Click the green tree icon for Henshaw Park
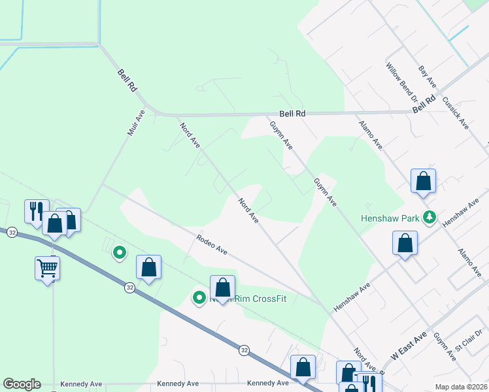pyautogui.click(x=430, y=217)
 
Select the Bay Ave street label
pyautogui.click(x=428, y=77)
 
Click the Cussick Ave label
pyautogui.click(x=456, y=113)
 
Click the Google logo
pyautogui.click(x=22, y=384)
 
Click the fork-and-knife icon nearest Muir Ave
pyautogui.click(x=36, y=210)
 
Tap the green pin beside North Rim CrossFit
pyautogui.click(x=199, y=298)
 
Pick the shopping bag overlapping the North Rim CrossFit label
pyautogui.click(x=222, y=287)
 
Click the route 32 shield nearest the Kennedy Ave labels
pyautogui.click(x=243, y=350)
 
